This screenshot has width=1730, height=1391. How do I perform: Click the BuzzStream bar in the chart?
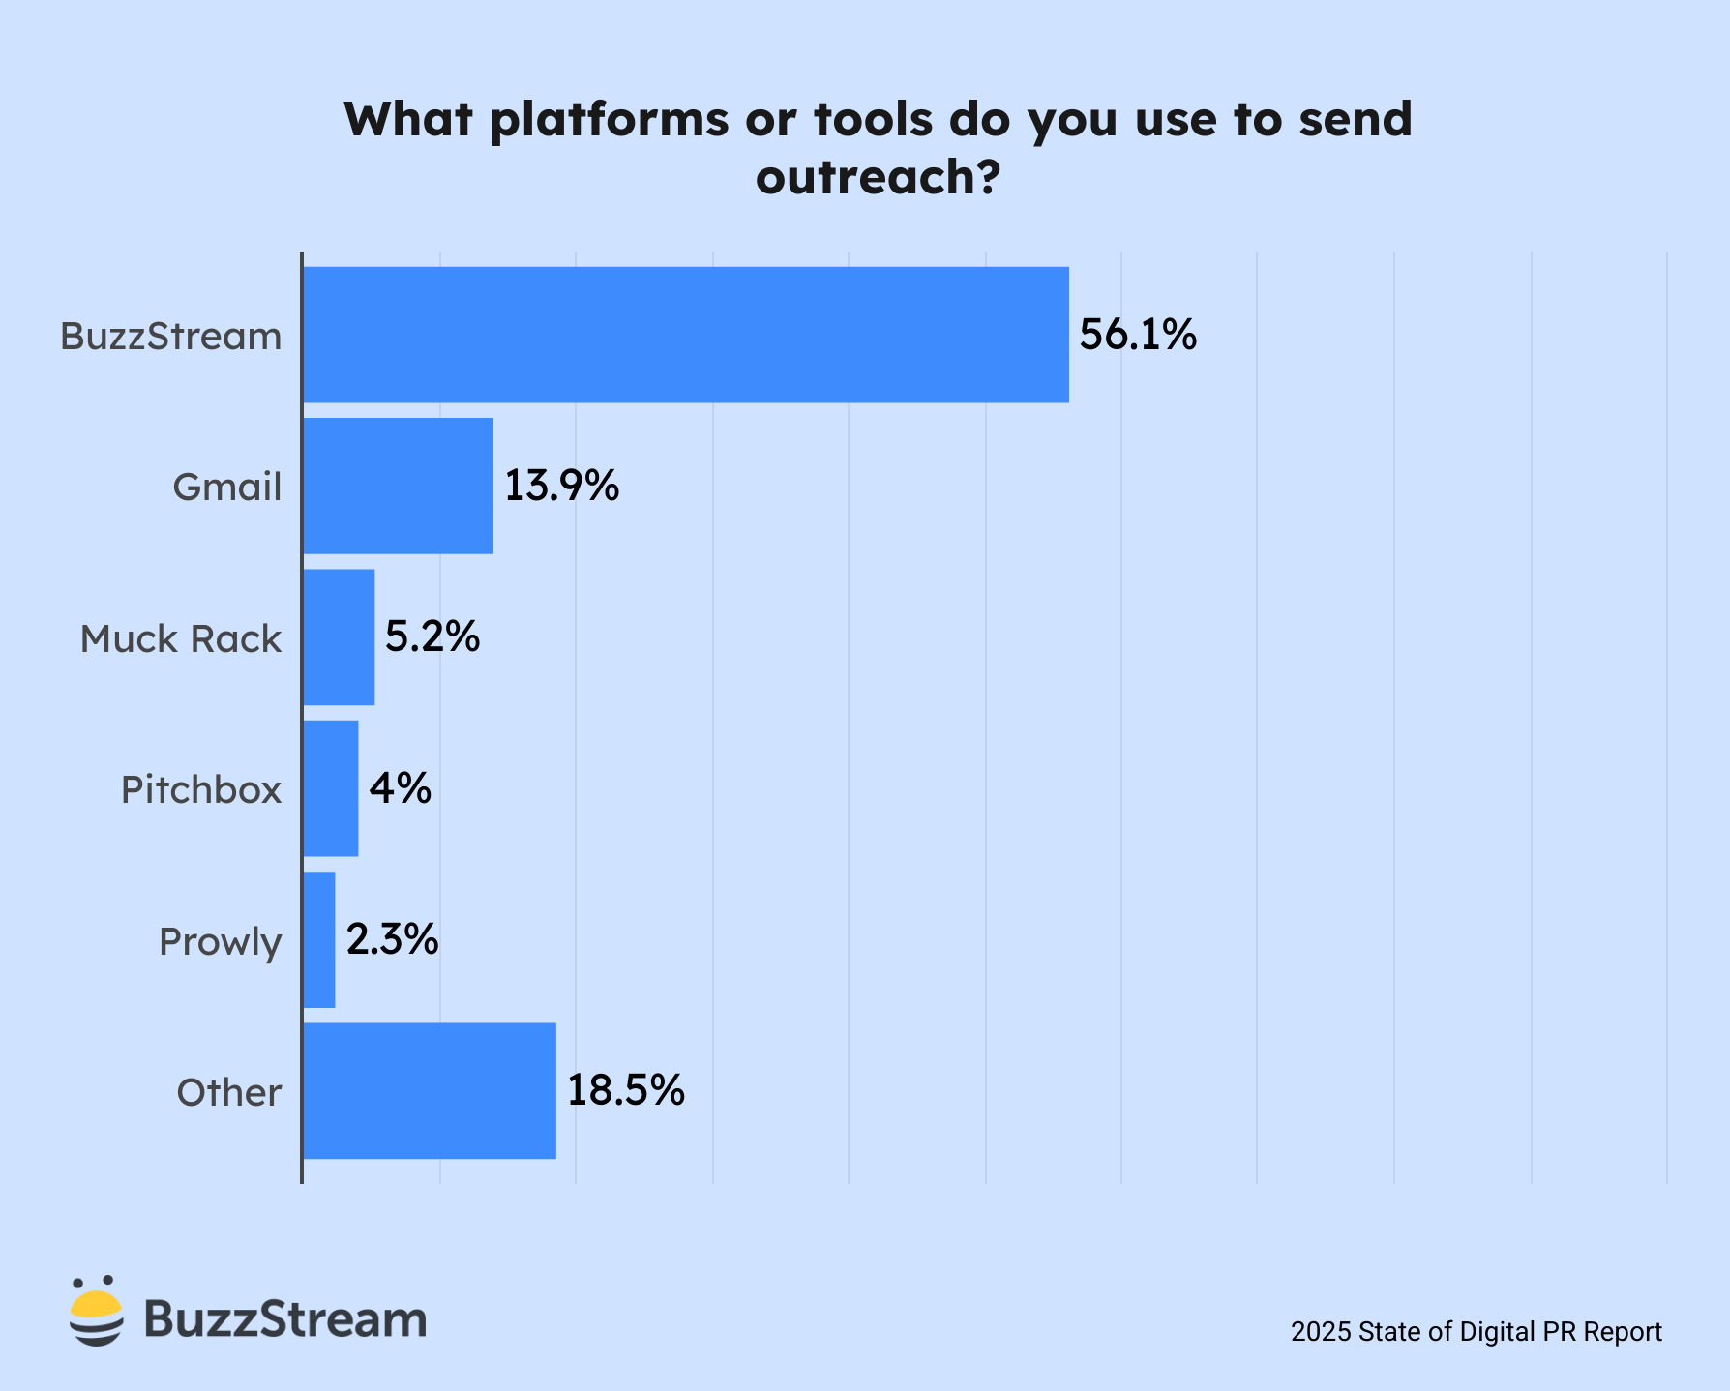685,335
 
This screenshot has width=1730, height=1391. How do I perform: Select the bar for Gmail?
398,486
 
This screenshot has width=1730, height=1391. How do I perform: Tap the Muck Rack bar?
339,636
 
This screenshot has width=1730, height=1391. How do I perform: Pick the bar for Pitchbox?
330,788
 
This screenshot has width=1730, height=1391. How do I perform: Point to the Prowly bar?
319,939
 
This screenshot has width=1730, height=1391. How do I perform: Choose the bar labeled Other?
429,1090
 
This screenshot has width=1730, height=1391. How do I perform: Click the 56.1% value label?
1138,335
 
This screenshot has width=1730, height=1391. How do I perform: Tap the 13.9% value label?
561,486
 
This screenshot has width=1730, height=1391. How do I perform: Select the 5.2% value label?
432,636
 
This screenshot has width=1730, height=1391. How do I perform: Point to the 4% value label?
400,788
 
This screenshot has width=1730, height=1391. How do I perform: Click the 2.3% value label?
392,939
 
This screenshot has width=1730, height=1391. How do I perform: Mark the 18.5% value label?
625,1090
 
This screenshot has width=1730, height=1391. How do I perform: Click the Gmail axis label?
227,487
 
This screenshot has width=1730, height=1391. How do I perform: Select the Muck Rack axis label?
181,638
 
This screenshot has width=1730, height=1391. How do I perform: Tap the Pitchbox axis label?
201,789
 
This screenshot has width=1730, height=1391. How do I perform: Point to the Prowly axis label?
220,941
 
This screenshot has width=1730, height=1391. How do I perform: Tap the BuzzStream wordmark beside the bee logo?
285,1318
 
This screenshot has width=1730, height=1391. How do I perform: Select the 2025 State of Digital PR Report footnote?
1476,1332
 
